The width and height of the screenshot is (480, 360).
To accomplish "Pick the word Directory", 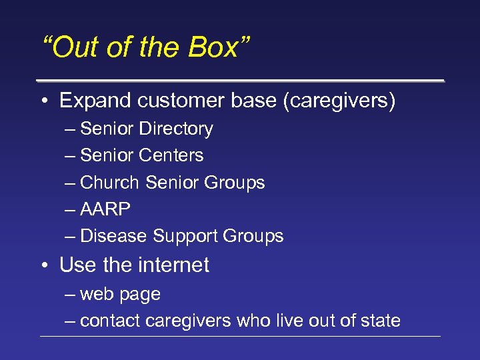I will pyautogui.click(x=177, y=129).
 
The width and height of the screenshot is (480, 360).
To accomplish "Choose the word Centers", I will pyautogui.click(x=172, y=155).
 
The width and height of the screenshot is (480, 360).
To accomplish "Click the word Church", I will pyautogui.click(x=109, y=183).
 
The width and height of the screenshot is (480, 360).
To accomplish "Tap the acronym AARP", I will pyautogui.click(x=105, y=209).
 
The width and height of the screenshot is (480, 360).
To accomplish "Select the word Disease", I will pyautogui.click(x=114, y=236).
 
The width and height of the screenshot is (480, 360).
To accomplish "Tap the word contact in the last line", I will pyautogui.click(x=110, y=321).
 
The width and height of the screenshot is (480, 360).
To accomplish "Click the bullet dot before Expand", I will pyautogui.click(x=43, y=101).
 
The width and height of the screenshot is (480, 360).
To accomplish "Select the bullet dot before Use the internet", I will pyautogui.click(x=43, y=265).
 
